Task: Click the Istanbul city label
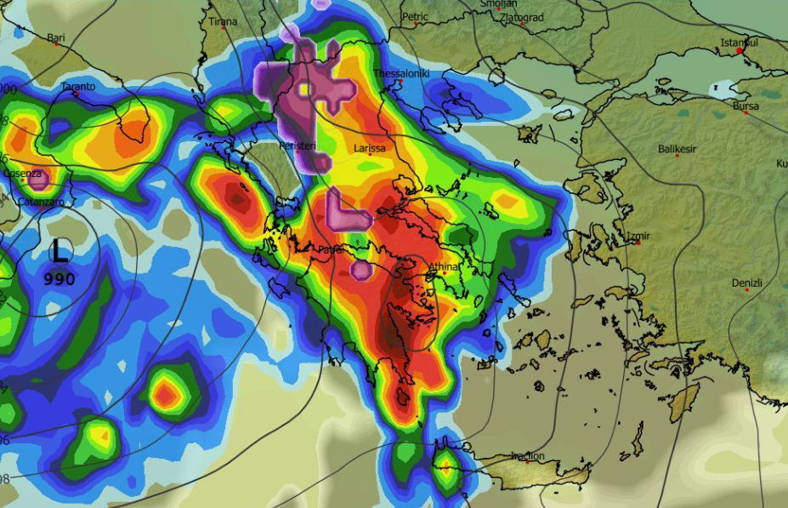pos(739,42)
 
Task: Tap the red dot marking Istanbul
pos(740,51)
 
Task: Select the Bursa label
pos(745,106)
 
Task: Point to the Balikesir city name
pos(677,149)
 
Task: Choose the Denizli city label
pos(747,283)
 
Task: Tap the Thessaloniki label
pos(401,74)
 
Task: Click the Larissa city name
pos(370,149)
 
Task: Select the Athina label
pos(442,267)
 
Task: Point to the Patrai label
pos(331,250)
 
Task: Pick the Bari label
pos(56,37)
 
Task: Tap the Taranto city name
pos(78,87)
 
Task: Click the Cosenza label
pos(22,174)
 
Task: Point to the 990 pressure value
pos(60,279)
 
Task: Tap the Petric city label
pos(415,16)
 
